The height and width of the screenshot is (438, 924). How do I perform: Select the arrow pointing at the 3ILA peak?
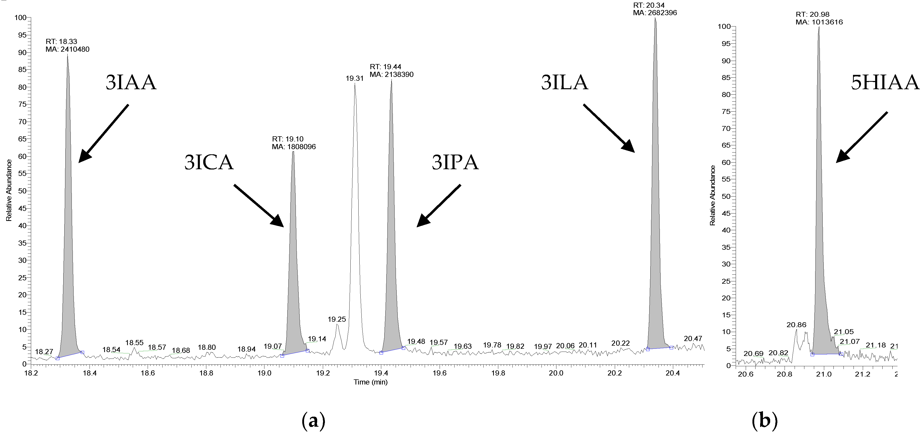coord(609,128)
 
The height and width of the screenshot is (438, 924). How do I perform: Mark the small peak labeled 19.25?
coord(337,334)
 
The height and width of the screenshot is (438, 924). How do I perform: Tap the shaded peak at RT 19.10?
coord(294,251)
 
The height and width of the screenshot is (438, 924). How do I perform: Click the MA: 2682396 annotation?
coord(655,13)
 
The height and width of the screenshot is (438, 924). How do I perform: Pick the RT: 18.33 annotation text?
coord(61,42)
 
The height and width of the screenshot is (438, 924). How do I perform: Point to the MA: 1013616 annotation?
coord(819,22)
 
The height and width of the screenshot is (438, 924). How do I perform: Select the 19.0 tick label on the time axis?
coord(264,373)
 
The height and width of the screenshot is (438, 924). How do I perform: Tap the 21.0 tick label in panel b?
coord(824,374)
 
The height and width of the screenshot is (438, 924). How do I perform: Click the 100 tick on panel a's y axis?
coord(20,17)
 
